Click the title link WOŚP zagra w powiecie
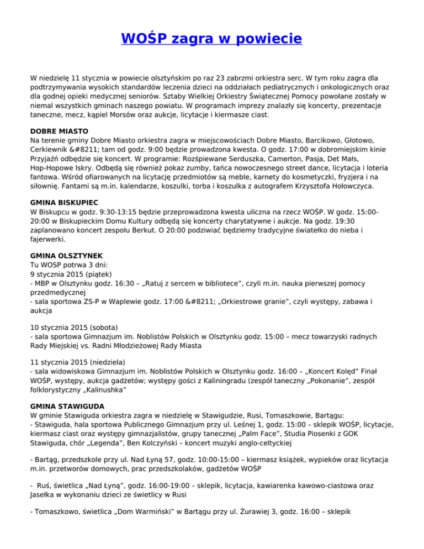pos(211,39)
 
